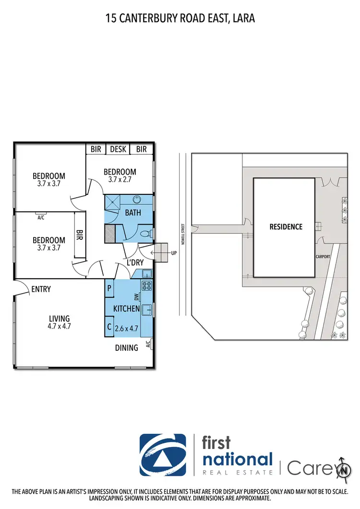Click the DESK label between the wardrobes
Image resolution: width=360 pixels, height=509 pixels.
coord(118,149)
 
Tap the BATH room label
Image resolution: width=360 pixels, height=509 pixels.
coord(133,212)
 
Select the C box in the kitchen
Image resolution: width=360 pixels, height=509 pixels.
coord(109,328)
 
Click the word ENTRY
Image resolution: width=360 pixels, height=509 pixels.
coord(41,289)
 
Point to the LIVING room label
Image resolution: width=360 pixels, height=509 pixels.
coord(59,318)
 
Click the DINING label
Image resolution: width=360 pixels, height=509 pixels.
coord(126,348)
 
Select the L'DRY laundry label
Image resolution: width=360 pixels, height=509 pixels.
coord(135,262)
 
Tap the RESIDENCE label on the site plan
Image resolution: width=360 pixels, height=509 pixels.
coord(286,226)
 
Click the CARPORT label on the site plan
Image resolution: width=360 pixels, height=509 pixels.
coord(323,257)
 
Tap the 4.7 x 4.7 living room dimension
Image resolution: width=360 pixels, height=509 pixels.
coord(59,327)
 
